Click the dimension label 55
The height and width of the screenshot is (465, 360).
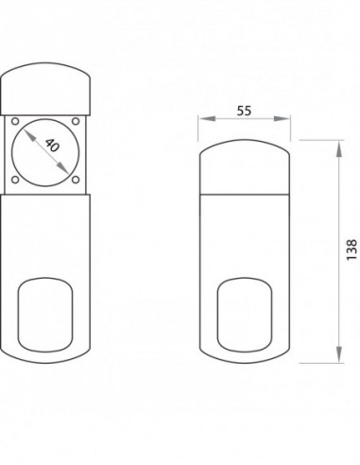tap(244, 111)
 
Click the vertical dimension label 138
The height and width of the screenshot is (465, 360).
tap(351, 250)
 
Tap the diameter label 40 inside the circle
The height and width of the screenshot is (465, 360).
tap(52, 146)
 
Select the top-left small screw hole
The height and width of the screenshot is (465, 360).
tap(15, 121)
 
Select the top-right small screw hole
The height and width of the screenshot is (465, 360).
tap(76, 121)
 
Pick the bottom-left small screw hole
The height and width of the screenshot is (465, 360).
tap(15, 180)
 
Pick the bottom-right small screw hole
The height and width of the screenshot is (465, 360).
tap(76, 180)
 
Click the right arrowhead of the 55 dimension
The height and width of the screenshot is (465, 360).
tap(282, 118)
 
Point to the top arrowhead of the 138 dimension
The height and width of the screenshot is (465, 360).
tap(338, 148)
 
